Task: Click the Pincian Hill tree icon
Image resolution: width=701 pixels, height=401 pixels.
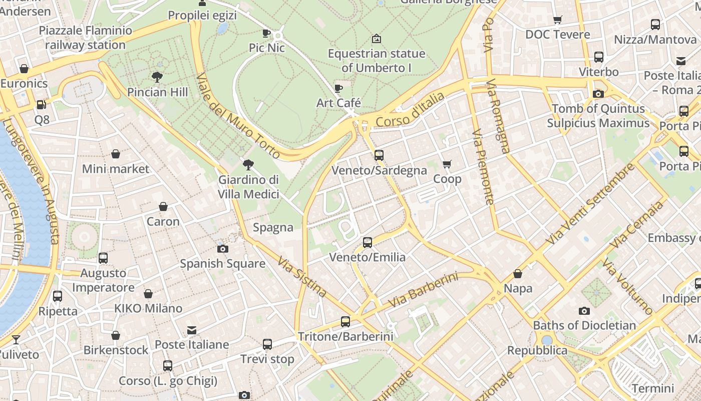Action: pyautogui.click(x=157, y=77)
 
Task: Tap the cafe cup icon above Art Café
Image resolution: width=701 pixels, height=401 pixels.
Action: pyautogui.click(x=338, y=89)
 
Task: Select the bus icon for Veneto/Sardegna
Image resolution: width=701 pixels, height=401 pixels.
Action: pyautogui.click(x=379, y=155)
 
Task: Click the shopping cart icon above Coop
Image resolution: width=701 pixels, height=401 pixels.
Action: pyautogui.click(x=447, y=164)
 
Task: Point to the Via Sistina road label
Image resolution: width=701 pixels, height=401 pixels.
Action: pyautogui.click(x=303, y=277)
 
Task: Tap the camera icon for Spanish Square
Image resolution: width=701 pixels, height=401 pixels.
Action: pyautogui.click(x=223, y=249)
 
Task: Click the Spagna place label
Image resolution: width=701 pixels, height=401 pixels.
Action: pyautogui.click(x=273, y=228)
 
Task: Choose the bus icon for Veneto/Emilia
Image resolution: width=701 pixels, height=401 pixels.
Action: pyautogui.click(x=368, y=243)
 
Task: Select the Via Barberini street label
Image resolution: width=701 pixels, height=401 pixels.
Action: pyautogui.click(x=423, y=291)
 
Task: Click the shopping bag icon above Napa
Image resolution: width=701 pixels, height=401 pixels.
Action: pyautogui.click(x=518, y=274)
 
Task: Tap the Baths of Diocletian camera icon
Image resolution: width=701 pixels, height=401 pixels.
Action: pyautogui.click(x=584, y=311)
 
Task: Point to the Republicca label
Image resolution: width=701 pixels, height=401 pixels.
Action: pyautogui.click(x=537, y=350)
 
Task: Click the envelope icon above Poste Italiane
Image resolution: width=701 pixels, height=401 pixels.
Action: pyautogui.click(x=192, y=330)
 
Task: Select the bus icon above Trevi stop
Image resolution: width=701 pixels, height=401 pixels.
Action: pyautogui.click(x=267, y=344)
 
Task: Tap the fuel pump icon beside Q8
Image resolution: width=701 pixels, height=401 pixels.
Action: pyautogui.click(x=41, y=105)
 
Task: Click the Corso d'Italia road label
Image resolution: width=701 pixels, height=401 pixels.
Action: pyautogui.click(x=410, y=110)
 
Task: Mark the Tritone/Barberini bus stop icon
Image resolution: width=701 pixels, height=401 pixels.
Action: pyautogui.click(x=345, y=322)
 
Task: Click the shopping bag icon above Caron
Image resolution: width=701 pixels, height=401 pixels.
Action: pyautogui.click(x=163, y=207)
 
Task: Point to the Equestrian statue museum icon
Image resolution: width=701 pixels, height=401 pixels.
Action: pyautogui.click(x=377, y=39)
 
